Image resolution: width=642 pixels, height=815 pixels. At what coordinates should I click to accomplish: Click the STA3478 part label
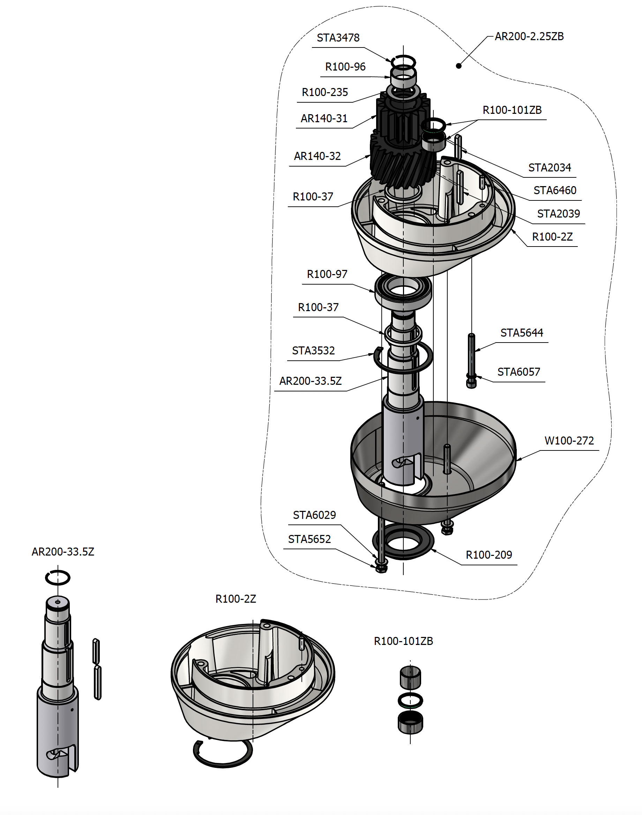click(338, 38)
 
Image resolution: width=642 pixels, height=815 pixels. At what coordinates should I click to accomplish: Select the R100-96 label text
click(345, 67)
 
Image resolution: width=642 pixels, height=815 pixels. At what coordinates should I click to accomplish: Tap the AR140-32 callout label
click(317, 156)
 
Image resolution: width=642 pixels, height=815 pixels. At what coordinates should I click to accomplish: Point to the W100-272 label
click(569, 441)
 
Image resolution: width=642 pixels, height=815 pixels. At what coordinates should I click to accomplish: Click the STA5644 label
click(521, 333)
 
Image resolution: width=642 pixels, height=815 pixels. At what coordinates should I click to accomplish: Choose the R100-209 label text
click(488, 555)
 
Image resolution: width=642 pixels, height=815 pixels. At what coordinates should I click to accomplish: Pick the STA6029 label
click(314, 515)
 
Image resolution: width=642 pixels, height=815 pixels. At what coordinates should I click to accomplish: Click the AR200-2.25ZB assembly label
click(529, 36)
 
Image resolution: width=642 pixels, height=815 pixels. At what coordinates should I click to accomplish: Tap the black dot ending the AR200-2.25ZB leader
click(458, 66)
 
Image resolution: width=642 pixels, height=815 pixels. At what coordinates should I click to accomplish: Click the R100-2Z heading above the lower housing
click(236, 599)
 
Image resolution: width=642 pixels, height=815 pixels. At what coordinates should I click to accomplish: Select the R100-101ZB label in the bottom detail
click(403, 641)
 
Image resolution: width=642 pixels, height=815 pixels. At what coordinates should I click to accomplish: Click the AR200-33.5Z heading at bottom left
click(63, 552)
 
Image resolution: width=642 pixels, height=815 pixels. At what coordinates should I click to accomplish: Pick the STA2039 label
click(558, 214)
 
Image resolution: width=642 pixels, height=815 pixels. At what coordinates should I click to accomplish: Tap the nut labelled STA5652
click(381, 568)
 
